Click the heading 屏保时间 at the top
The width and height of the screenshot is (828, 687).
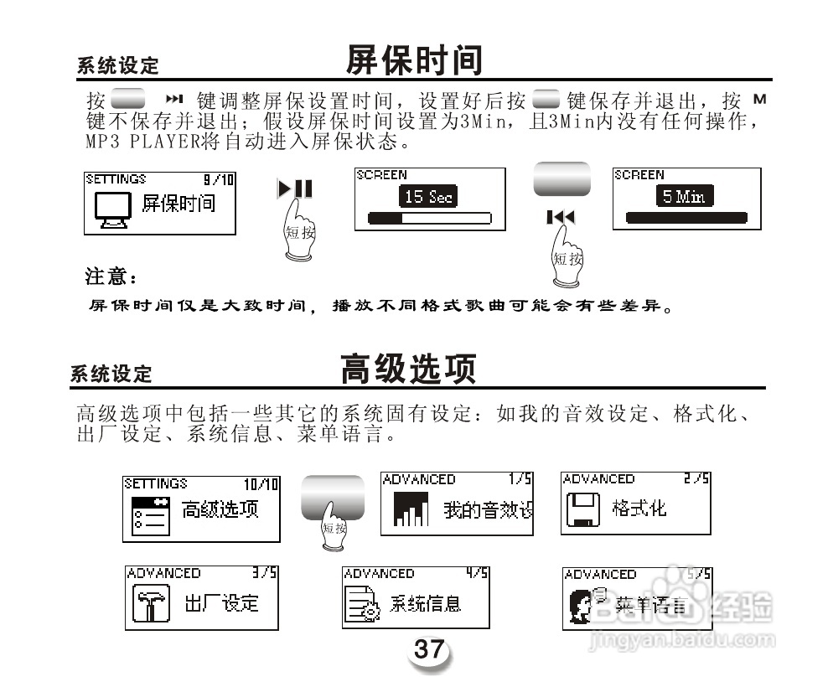414,60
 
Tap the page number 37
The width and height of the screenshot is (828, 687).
429,649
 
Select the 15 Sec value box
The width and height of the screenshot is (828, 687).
428,197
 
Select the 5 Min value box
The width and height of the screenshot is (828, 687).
684,197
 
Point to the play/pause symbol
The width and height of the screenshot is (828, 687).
295,189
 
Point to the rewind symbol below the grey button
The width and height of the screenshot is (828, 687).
561,218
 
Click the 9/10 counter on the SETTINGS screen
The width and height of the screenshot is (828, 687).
219,179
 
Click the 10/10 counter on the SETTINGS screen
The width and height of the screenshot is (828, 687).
261,484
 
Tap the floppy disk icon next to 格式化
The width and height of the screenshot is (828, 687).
582,509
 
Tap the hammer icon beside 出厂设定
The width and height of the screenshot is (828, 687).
151,604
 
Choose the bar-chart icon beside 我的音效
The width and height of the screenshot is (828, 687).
410,509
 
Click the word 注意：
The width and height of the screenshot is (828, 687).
110,275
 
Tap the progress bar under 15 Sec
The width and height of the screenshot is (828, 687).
429,220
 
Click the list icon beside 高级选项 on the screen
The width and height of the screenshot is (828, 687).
151,515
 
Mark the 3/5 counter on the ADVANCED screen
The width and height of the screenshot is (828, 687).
265,574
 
